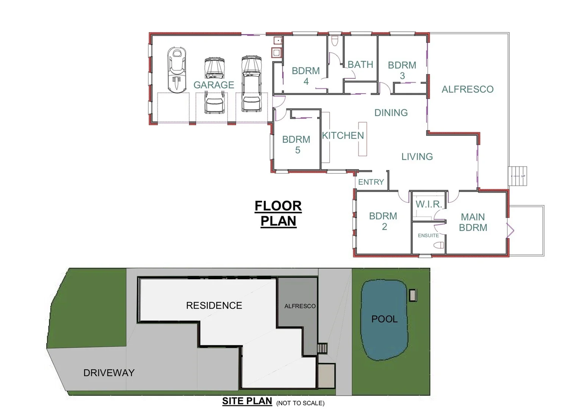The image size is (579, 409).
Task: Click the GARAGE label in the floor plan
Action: coord(214,85)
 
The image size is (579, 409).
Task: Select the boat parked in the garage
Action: coord(177,70)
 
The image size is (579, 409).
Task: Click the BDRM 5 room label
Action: coord(297,145)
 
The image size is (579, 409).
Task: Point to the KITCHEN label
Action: coord(343,136)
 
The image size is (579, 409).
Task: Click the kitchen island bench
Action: coord(363,139)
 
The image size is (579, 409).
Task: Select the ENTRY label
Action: coord(371,182)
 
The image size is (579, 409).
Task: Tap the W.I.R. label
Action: coord(429,204)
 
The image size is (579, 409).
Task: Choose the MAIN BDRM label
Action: coord(473,222)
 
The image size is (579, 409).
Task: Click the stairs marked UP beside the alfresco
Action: coord(518,176)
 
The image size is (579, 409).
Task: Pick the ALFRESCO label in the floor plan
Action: coord(468,89)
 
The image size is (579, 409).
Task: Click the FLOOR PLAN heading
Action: coord(278,213)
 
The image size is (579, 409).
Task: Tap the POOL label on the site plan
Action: coord(384,319)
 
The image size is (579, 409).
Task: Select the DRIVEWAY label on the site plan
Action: coord(109,373)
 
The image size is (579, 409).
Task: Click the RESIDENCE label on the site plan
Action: coord(214,305)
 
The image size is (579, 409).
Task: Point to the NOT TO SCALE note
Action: coord(300,403)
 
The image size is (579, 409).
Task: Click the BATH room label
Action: coord(360,65)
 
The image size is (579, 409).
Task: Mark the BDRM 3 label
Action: coord(402,70)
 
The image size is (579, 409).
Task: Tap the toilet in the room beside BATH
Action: coord(335,41)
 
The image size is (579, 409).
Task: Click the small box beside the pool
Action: coord(413,295)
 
